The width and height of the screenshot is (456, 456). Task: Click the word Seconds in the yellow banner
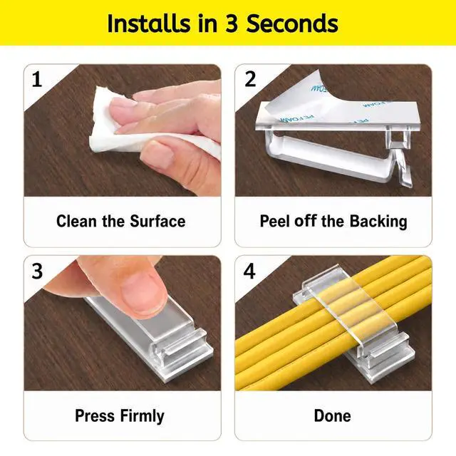[x=292, y=24]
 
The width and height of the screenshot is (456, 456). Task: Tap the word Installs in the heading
[x=150, y=24]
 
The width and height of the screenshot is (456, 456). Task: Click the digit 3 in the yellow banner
[x=232, y=24]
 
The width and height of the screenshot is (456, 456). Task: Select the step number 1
[x=37, y=79]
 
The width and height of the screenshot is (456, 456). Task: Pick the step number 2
[x=250, y=79]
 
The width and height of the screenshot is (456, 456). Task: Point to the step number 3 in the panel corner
[x=37, y=271]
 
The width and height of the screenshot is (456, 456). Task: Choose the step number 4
[x=249, y=271]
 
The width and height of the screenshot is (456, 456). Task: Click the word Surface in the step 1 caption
[x=157, y=222]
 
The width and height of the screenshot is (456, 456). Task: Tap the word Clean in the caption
[x=76, y=222]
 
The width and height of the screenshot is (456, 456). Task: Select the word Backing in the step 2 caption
[x=378, y=222]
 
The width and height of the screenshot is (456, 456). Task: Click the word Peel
[x=276, y=222]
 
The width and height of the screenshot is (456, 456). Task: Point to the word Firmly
[x=142, y=416]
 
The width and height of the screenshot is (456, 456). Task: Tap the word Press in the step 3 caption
[x=95, y=416]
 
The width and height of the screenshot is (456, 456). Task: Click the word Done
[x=333, y=416]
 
